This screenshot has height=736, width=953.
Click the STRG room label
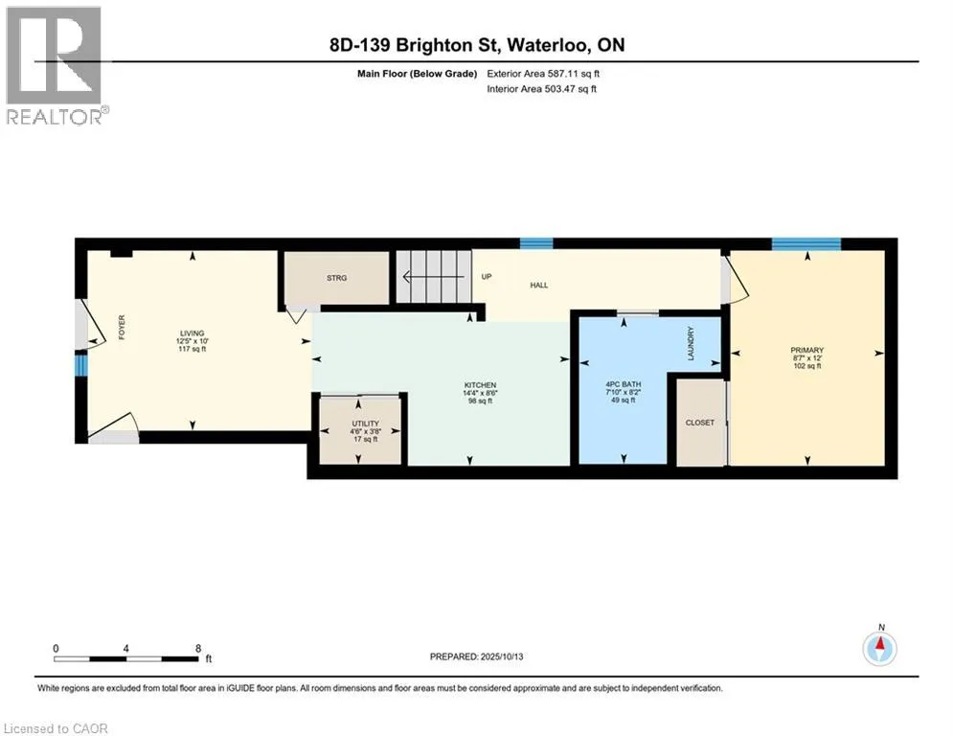click(337, 278)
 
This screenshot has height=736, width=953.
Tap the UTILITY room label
click(365, 424)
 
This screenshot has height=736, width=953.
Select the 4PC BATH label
click(623, 384)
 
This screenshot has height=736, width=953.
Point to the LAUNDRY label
click(691, 343)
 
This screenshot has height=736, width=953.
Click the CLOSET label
click(699, 422)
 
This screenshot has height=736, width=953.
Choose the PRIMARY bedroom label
click(807, 350)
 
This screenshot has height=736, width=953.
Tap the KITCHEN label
click(480, 385)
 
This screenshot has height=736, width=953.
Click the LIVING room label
click(193, 333)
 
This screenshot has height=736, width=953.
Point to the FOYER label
click(122, 327)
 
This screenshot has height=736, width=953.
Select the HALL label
click(539, 285)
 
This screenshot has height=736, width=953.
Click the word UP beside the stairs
click(487, 276)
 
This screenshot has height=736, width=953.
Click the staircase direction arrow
click(434, 277)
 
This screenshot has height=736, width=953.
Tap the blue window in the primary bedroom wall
click(806, 244)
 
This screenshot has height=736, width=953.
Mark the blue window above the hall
click(536, 243)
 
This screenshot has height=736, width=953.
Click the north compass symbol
click(879, 648)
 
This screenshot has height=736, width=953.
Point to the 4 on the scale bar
click(125, 649)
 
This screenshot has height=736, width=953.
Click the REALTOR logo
click(56, 66)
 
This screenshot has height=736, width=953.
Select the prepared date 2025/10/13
click(502, 656)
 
